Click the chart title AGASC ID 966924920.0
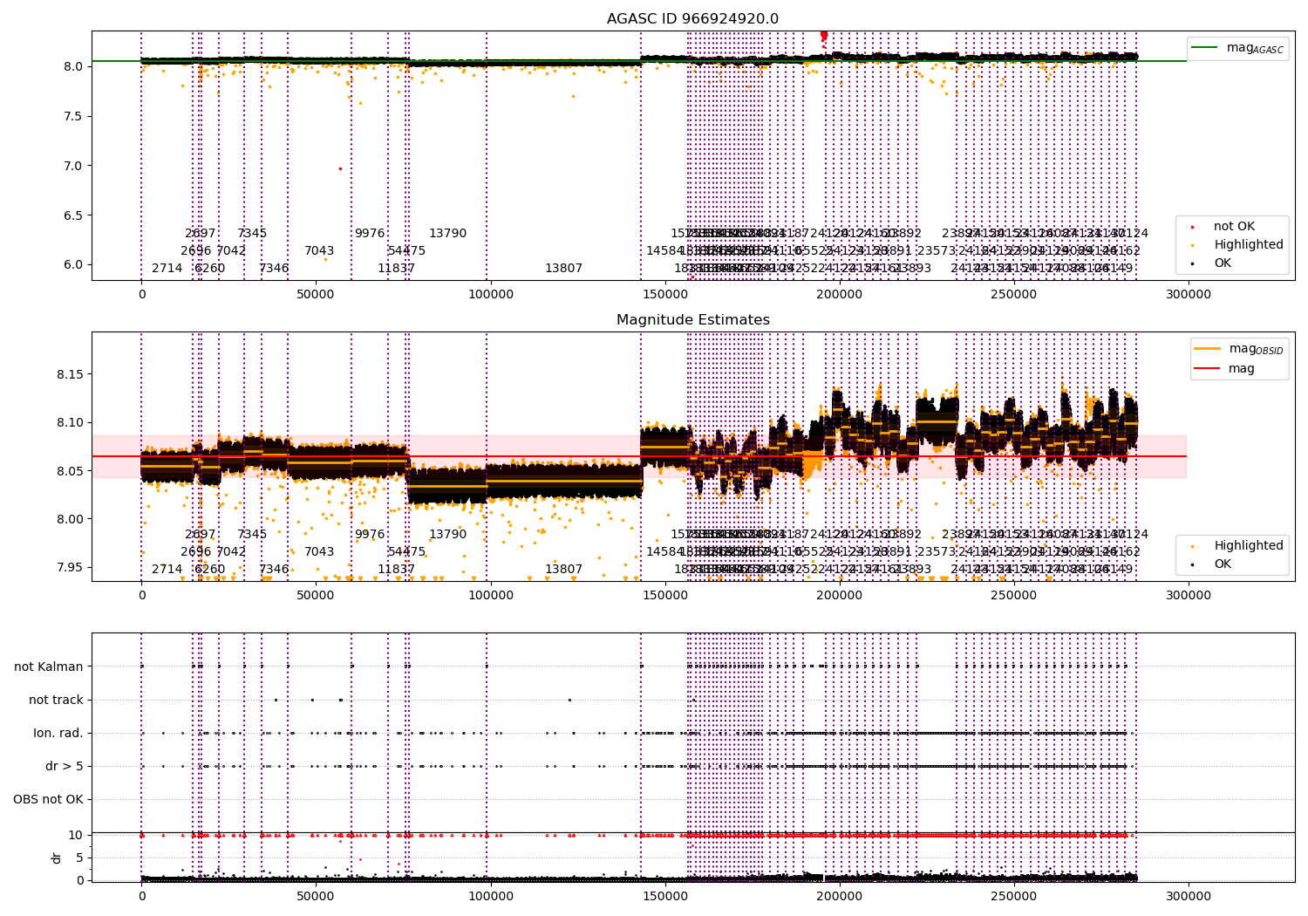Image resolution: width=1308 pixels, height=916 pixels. (x=692, y=19)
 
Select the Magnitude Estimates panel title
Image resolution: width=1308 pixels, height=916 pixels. (x=692, y=320)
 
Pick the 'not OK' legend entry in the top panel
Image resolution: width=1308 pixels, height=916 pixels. (x=1234, y=227)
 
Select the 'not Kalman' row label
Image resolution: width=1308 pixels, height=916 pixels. (x=49, y=666)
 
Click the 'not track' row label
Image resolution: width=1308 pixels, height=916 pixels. (x=56, y=700)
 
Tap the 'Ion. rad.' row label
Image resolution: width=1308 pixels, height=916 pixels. (x=58, y=733)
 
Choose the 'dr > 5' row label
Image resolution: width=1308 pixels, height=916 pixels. (x=65, y=766)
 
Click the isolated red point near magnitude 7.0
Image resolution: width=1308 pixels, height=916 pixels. (x=340, y=168)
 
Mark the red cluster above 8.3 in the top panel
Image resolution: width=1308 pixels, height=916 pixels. (x=824, y=36)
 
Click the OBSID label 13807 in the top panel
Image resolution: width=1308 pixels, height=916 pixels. (x=563, y=268)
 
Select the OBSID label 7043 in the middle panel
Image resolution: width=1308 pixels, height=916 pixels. (x=319, y=551)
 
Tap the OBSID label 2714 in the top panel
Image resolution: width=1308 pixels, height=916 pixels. (x=167, y=268)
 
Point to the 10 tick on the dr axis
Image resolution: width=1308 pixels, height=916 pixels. (x=76, y=835)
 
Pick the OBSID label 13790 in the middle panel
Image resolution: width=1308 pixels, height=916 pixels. (x=447, y=534)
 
